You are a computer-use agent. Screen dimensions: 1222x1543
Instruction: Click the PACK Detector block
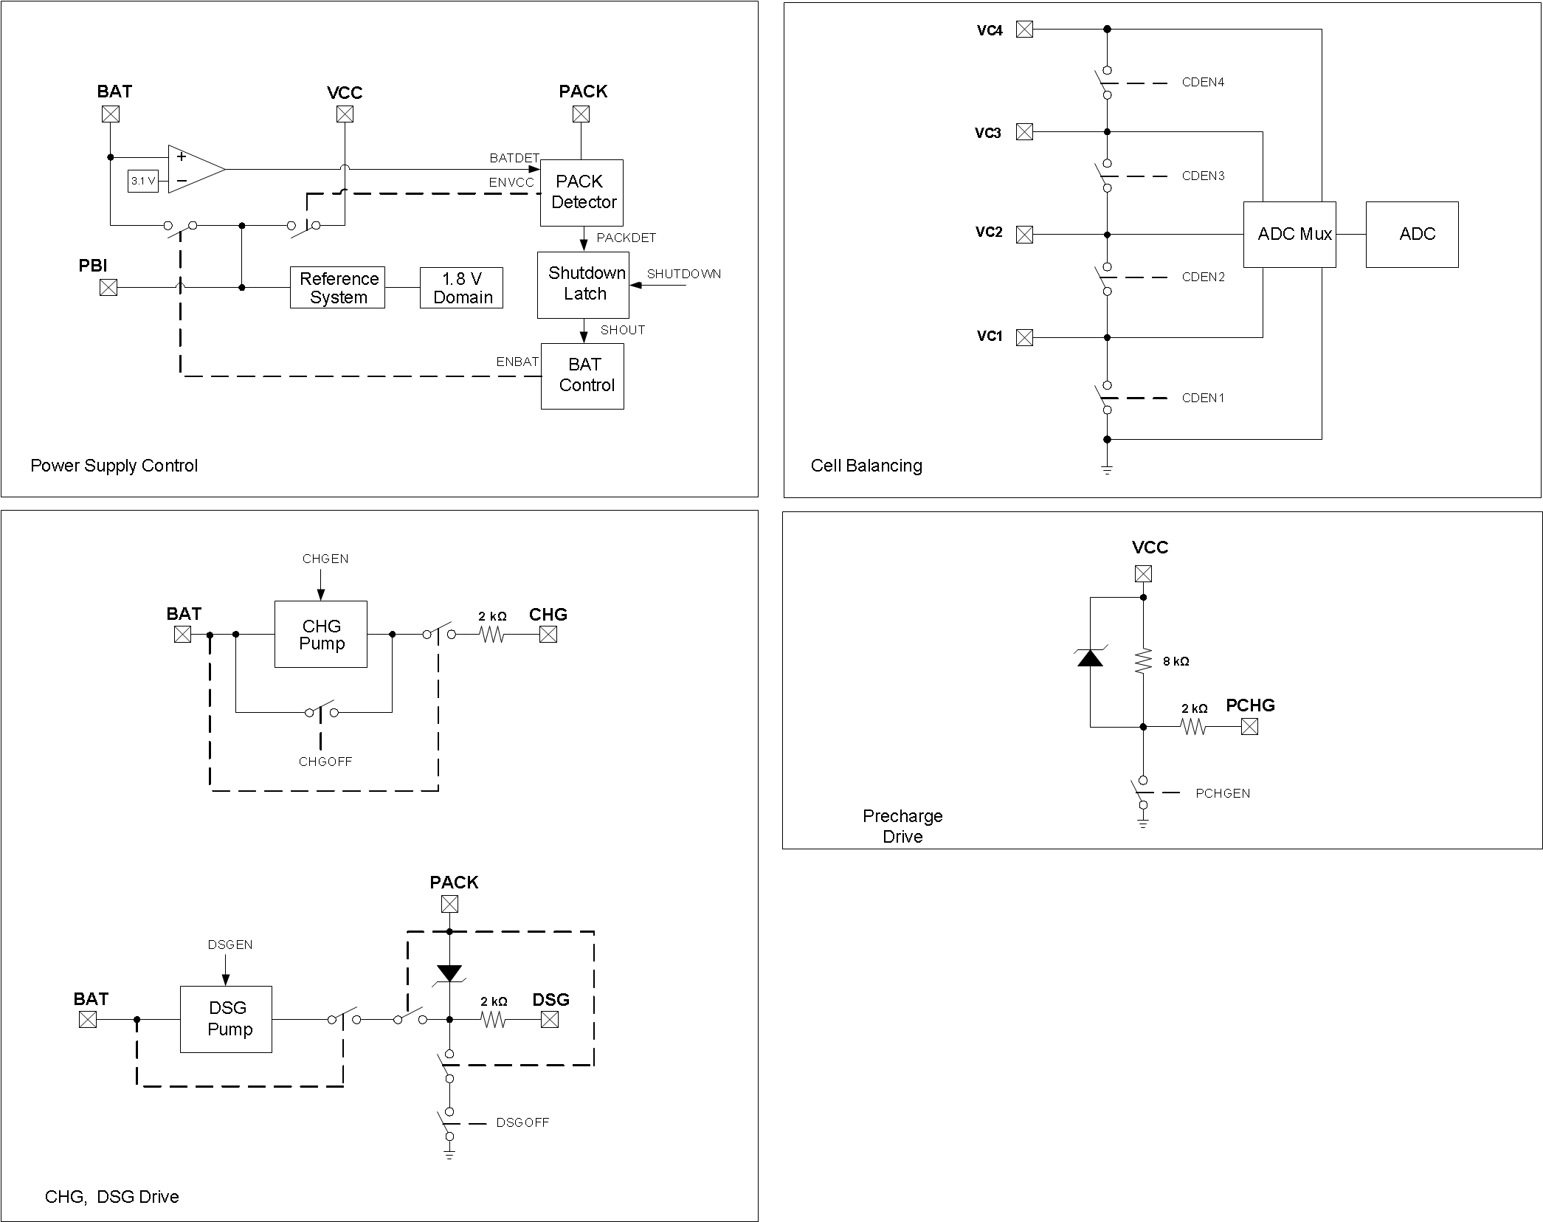click(x=581, y=193)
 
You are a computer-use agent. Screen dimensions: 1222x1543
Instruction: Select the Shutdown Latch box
click(x=583, y=284)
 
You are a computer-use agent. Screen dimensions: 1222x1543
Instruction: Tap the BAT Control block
click(x=582, y=376)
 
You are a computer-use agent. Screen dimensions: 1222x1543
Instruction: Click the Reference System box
click(x=337, y=288)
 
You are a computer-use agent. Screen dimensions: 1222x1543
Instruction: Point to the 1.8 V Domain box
click(x=461, y=288)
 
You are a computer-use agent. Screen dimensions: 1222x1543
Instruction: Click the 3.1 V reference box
click(x=143, y=181)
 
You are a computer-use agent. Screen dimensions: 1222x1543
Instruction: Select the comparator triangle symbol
click(x=193, y=169)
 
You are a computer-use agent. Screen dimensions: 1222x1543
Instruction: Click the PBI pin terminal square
click(x=108, y=287)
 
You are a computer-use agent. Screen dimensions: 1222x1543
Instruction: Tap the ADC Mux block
click(x=1289, y=234)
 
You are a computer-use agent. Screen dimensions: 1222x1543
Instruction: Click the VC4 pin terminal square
click(x=1024, y=30)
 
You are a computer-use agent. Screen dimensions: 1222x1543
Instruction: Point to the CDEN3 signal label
click(x=1203, y=176)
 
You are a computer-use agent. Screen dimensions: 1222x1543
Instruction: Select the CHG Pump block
click(x=321, y=635)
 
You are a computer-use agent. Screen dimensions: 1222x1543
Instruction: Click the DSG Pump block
click(x=227, y=1019)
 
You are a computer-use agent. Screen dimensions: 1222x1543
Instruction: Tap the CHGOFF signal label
click(x=325, y=762)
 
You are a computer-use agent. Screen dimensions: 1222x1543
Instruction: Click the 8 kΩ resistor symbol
click(x=1143, y=660)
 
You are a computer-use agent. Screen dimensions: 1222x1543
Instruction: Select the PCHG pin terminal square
click(x=1249, y=727)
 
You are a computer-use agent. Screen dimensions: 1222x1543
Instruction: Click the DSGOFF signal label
click(x=522, y=1122)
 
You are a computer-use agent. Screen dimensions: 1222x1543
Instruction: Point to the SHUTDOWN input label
click(x=683, y=274)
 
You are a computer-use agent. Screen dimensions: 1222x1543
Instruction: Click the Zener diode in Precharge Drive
click(x=1090, y=657)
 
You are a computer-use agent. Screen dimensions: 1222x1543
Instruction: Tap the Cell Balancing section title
click(x=866, y=466)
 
